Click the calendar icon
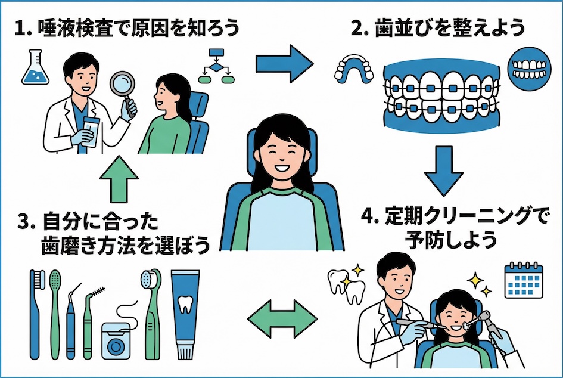[523, 280]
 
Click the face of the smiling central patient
[280, 154]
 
